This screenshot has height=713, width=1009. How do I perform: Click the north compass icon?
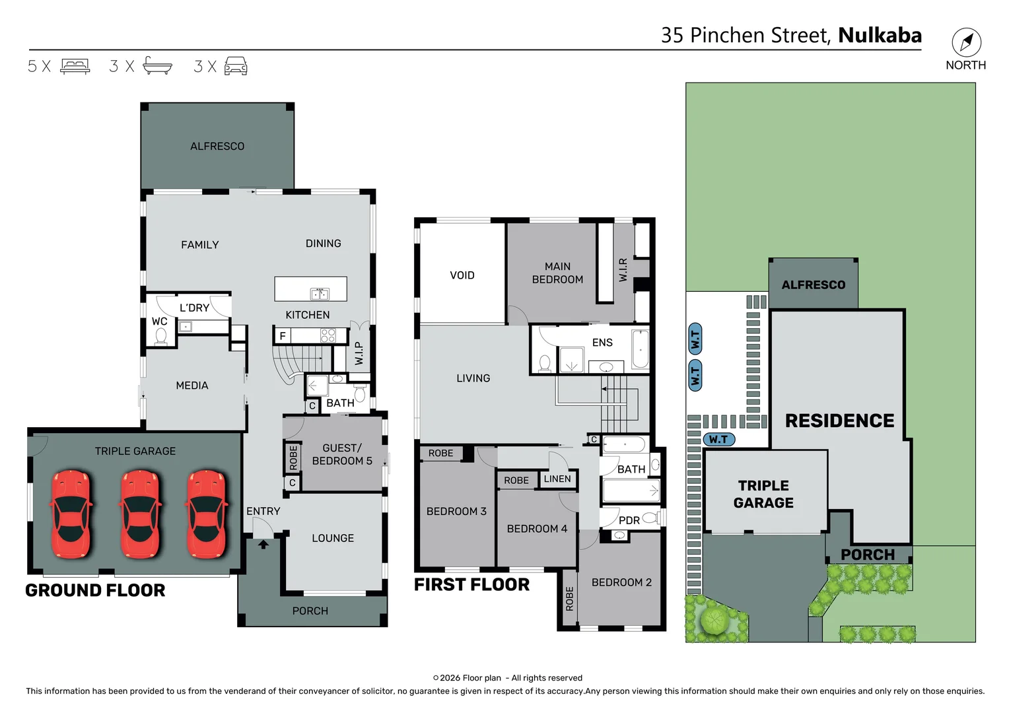[966, 42]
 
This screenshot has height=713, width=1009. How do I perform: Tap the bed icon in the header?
[75, 66]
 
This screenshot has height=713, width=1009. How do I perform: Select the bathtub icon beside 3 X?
[157, 66]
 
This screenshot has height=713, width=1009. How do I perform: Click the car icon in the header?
[236, 66]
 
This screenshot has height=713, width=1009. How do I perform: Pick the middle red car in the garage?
[139, 514]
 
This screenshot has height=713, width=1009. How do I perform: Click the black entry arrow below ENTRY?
[263, 545]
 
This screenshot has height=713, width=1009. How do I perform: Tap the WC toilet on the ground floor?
[160, 336]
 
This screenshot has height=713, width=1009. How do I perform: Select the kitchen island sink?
[320, 294]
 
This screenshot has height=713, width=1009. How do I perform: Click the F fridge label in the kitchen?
[283, 336]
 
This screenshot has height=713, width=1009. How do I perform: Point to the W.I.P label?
[359, 353]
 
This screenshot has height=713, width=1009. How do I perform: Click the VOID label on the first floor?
[462, 275]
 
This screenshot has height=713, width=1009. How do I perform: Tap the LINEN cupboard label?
[557, 479]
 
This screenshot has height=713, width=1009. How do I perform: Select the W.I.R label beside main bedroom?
[623, 270]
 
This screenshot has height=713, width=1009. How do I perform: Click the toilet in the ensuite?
[545, 363]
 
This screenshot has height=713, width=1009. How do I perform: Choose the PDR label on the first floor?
[629, 521]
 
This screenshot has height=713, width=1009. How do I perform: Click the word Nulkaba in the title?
[880, 35]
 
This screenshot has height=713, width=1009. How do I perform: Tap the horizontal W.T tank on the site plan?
[719, 439]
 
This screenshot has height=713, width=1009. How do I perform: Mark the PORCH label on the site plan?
[868, 555]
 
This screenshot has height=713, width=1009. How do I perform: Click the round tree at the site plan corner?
[714, 620]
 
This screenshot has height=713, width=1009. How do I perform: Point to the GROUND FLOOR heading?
[95, 590]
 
